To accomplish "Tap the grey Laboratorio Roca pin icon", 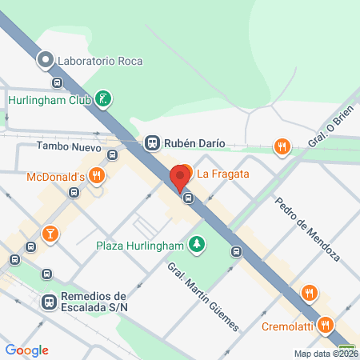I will [x=46, y=58].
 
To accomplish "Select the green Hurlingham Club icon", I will [x=102, y=100].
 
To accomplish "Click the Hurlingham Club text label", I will [x=47, y=100].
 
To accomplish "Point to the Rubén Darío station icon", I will [x=151, y=143].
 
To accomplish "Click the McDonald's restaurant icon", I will [x=96, y=175].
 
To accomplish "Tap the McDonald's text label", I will [x=55, y=175].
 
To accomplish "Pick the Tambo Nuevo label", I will [x=68, y=146].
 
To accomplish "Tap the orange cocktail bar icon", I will [x=50, y=234].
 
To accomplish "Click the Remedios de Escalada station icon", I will [x=49, y=302].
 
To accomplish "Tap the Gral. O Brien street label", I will [x=330, y=129].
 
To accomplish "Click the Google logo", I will [x=27, y=350].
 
